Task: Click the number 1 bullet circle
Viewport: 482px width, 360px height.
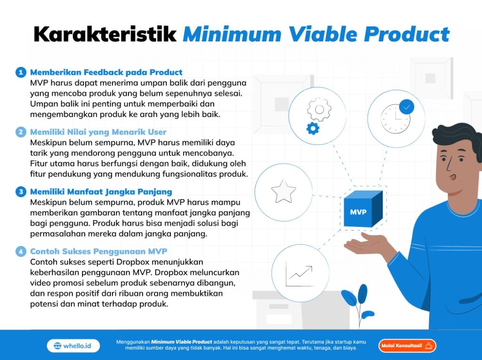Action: [21, 72]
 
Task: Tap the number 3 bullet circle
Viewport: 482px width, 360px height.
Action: [21, 192]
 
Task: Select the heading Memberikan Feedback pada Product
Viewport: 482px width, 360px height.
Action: [106, 72]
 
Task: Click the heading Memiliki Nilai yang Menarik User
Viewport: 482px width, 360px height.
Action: [98, 132]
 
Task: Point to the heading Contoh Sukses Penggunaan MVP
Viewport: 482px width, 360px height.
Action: [99, 251]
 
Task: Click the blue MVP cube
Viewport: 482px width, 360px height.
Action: [363, 209]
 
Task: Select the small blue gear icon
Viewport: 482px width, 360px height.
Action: [313, 128]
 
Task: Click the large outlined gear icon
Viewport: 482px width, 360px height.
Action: [320, 110]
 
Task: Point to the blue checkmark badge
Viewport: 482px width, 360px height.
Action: [406, 107]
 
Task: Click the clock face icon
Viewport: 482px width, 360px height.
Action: [395, 119]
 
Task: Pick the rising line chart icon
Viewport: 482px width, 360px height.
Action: [299, 273]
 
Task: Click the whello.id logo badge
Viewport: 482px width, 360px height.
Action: [73, 346]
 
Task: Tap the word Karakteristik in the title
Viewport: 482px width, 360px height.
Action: [105, 34]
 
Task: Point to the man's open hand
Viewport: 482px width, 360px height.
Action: [366, 242]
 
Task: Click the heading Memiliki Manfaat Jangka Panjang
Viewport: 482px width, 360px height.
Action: [101, 192]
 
